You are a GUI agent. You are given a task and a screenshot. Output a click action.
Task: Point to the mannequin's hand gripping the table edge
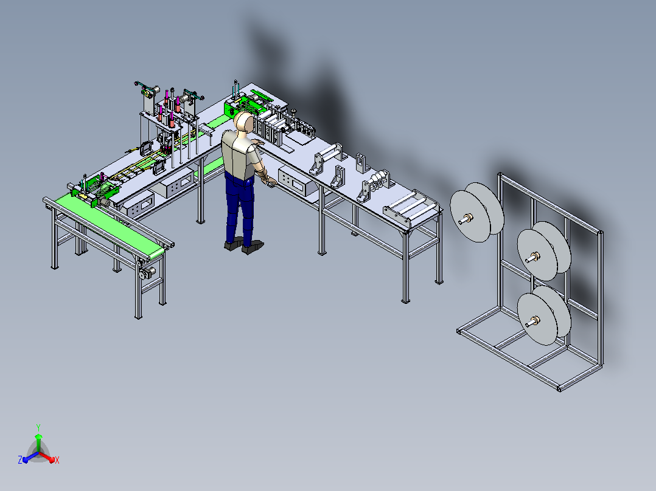click(269, 180)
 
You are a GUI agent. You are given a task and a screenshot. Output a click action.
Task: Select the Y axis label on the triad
click(38, 427)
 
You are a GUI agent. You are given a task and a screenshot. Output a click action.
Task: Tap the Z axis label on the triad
click(20, 459)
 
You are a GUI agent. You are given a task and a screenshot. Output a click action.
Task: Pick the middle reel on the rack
click(543, 251)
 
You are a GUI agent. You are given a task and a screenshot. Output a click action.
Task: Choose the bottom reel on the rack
click(543, 315)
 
